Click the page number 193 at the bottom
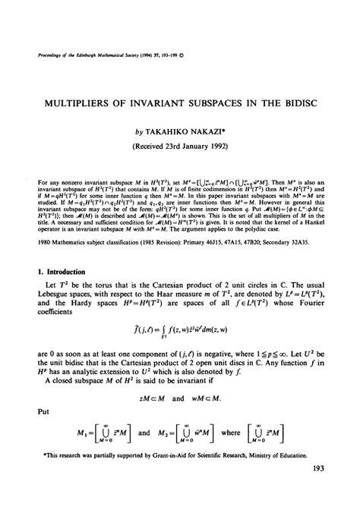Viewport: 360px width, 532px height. click(318, 512)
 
